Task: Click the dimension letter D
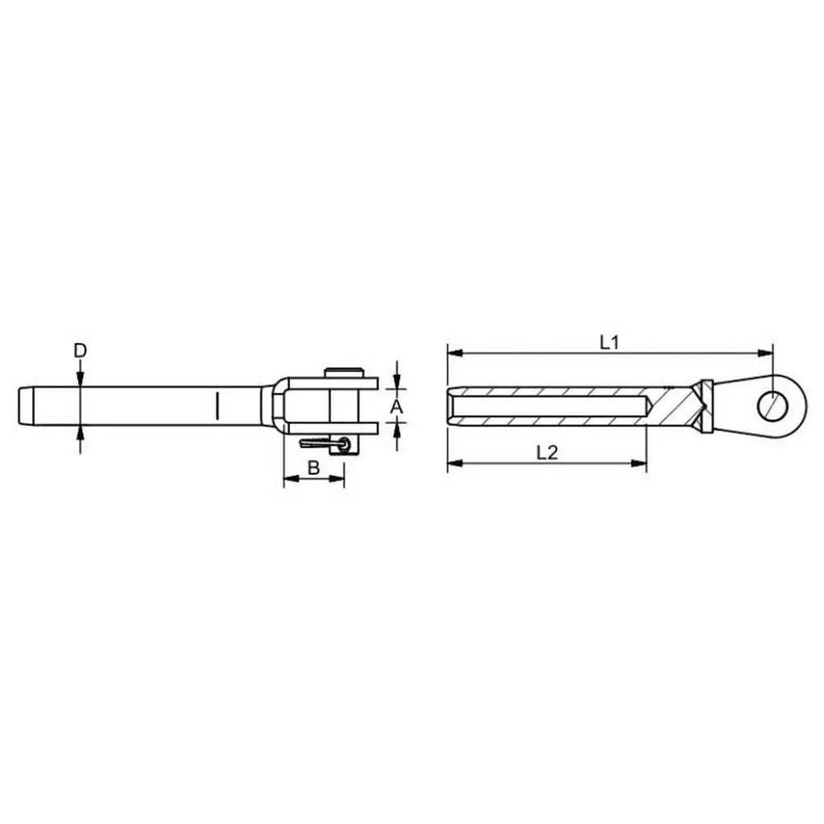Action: tap(80, 350)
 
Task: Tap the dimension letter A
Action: tap(397, 406)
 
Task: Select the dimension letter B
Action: tap(314, 467)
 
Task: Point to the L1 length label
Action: tap(610, 343)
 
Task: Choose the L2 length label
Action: tap(547, 452)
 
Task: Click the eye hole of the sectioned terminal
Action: tap(773, 405)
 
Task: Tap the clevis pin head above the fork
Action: tap(344, 372)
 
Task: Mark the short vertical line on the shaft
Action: tap(217, 405)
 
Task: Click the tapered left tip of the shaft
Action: tap(25, 405)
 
